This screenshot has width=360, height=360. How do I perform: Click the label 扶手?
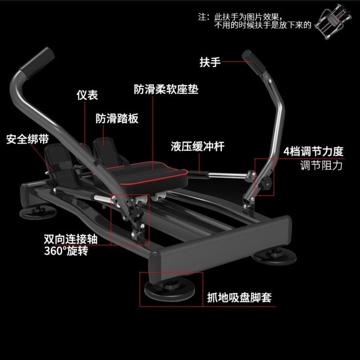tap(210, 62)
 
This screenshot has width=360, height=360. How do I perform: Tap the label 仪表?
tap(87, 95)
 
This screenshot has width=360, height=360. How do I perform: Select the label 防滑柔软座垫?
tap(166, 90)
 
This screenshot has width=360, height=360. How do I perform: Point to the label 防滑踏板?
tap(117, 118)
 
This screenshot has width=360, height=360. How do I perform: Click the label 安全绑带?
tap(27, 139)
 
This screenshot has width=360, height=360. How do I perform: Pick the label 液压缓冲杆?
tap(198, 146)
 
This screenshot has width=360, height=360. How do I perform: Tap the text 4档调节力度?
tap(313, 151)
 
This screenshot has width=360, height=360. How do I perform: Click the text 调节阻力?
tap(321, 165)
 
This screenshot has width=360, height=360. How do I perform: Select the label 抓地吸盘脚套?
tap(239, 298)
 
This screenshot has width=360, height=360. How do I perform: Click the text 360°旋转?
tap(66, 251)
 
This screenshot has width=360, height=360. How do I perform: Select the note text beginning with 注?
tap(255, 21)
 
